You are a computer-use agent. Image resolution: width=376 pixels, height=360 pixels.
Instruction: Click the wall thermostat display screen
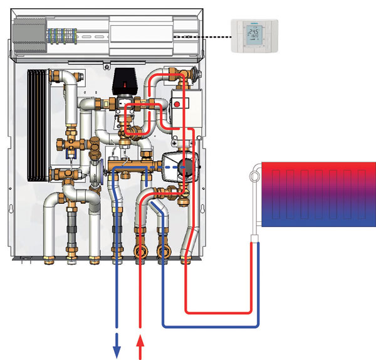point(252,32)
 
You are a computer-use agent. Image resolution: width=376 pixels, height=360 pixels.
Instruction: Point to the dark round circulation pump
point(187,166)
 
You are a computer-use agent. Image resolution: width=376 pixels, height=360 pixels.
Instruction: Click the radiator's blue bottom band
point(317,217)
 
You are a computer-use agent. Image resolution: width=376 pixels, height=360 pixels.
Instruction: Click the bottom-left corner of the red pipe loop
point(187,310)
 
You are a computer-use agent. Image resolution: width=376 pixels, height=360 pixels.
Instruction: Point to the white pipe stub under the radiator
point(255,238)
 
